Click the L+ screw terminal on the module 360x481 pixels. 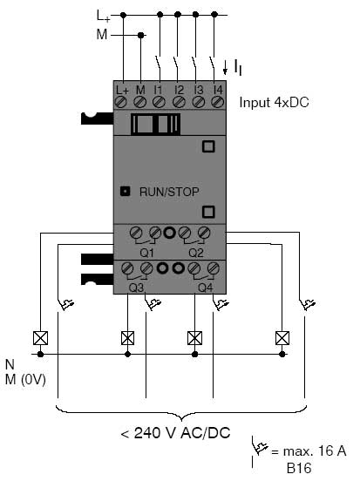click(x=121, y=102)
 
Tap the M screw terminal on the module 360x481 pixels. click(x=140, y=102)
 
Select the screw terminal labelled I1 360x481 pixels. click(x=159, y=102)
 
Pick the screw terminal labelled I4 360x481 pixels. click(x=217, y=102)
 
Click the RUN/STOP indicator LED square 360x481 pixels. click(x=125, y=192)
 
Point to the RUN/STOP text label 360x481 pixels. click(x=169, y=192)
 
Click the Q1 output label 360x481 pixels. click(x=146, y=253)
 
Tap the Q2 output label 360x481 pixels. click(x=196, y=253)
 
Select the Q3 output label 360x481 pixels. click(x=136, y=288)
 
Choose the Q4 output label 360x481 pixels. click(x=206, y=288)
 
